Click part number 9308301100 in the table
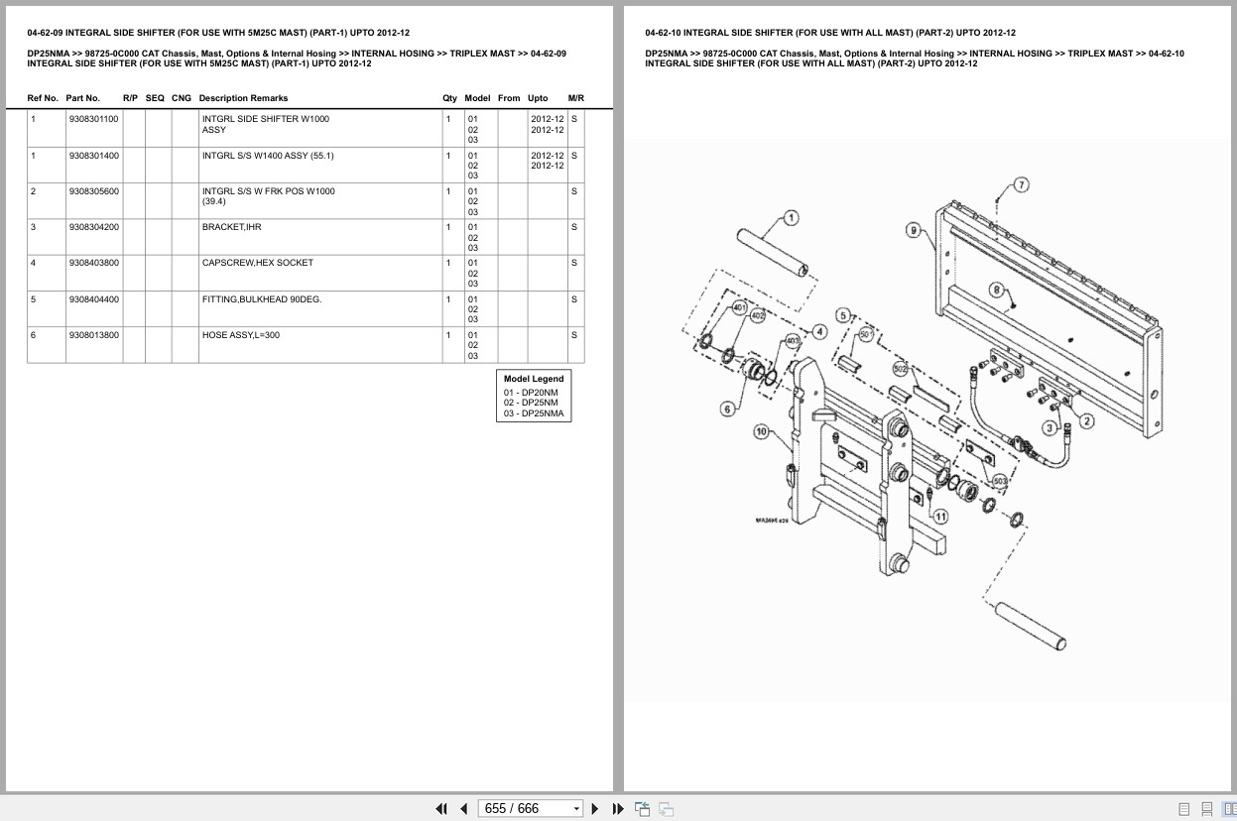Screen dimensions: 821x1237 tap(94, 119)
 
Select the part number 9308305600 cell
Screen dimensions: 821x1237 tap(94, 191)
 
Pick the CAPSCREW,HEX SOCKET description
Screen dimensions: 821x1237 tap(257, 263)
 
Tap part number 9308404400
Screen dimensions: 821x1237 tap(94, 299)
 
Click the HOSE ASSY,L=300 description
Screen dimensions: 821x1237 tap(241, 335)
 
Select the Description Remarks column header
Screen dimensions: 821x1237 tap(243, 98)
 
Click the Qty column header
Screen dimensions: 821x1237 tap(449, 98)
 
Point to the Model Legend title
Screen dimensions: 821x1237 tap(533, 379)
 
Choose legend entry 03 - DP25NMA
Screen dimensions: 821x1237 tap(533, 413)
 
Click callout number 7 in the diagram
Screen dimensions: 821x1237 tap(1021, 184)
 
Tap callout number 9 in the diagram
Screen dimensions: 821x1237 tap(913, 230)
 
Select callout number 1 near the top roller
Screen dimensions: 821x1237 tap(791, 218)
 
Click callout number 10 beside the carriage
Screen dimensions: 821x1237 tap(761, 431)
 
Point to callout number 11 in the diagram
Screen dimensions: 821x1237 tap(939, 516)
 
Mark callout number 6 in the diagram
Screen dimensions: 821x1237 tap(727, 409)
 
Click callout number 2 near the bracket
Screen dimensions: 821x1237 tap(1086, 421)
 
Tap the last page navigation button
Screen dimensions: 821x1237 tap(618, 808)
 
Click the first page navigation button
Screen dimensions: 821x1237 tap(441, 808)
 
